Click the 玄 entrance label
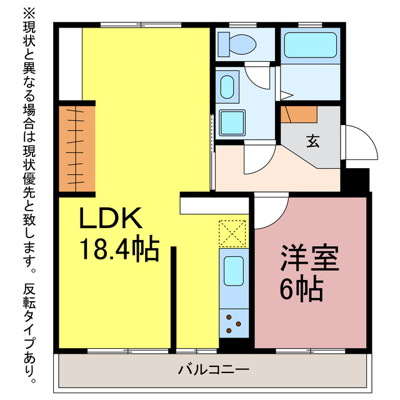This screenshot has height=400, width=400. tap(311, 140)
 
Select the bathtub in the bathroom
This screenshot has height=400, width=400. tap(311, 45)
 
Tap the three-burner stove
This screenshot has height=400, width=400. tap(234, 322)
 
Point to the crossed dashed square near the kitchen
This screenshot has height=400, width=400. tap(234, 234)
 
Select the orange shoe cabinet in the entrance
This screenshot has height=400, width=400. tap(299, 114)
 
